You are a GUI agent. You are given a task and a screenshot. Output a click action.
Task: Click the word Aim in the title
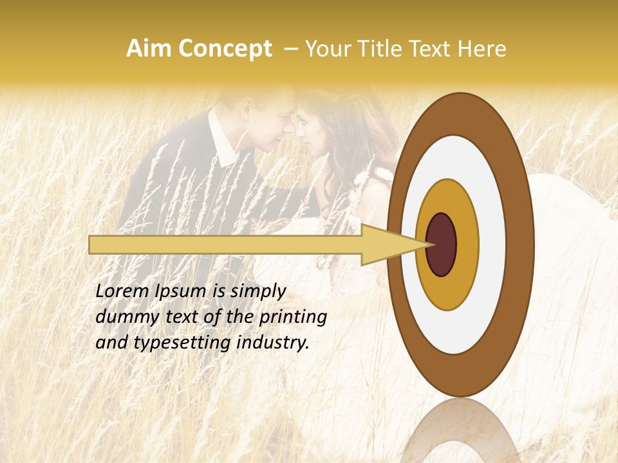pyautogui.click(x=150, y=49)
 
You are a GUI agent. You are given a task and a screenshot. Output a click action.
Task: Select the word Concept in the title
pyautogui.click(x=225, y=49)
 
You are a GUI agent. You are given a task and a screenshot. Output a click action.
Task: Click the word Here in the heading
pyautogui.click(x=482, y=49)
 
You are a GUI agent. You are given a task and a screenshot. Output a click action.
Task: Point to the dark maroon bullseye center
pyautogui.click(x=442, y=244)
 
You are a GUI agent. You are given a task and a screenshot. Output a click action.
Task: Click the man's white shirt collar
pyautogui.click(x=223, y=143)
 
